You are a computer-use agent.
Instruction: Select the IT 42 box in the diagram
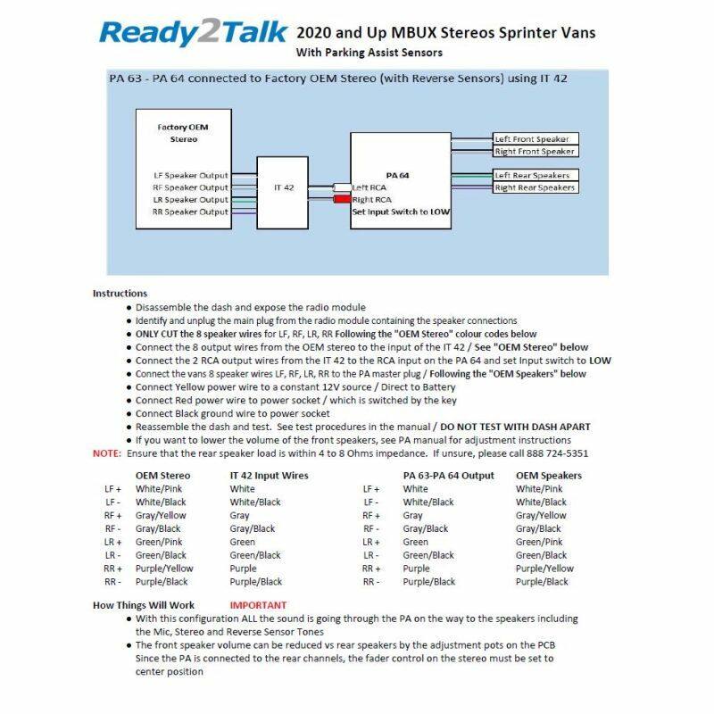coord(283,188)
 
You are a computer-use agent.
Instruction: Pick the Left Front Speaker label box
coord(535,139)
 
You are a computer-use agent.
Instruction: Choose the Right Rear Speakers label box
coord(535,187)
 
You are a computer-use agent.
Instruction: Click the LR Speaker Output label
coord(190,200)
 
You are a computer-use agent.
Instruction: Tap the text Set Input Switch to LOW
coord(402,212)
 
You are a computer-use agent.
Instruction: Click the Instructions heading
coord(120,294)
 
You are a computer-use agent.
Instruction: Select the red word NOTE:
coord(106,453)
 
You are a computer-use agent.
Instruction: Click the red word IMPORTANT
coord(259,605)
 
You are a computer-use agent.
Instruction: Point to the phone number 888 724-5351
coord(557,453)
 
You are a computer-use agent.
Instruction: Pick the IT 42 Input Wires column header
coord(269,476)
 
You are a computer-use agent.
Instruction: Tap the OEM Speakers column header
coord(548,476)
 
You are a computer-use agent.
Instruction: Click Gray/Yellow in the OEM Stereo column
coord(161,515)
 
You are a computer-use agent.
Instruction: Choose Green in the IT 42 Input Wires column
coord(242,542)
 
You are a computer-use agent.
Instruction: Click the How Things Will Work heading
coord(143,605)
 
